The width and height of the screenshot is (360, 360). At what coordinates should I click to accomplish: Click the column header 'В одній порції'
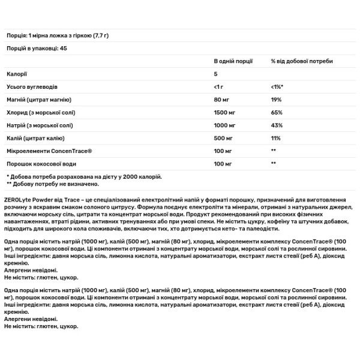point(233,61)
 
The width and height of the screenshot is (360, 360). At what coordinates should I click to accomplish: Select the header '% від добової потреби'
point(301,61)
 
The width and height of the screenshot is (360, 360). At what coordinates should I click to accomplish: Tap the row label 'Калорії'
point(16,74)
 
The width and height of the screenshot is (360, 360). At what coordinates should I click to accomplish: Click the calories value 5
point(216,74)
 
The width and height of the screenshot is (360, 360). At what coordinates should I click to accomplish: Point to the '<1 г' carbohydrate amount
point(220,87)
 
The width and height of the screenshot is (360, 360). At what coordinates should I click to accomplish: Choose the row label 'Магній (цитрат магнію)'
point(39,100)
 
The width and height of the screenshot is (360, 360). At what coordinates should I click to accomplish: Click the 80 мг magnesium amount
point(222,100)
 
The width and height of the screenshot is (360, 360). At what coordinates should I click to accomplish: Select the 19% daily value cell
point(276,100)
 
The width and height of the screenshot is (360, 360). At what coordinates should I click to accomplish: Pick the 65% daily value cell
point(277,112)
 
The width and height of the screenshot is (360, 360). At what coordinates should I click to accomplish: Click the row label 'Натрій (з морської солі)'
point(40,125)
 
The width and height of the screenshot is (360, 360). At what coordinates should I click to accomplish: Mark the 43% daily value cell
point(277,125)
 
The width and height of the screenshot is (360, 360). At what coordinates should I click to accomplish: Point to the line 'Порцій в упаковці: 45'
point(37,48)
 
